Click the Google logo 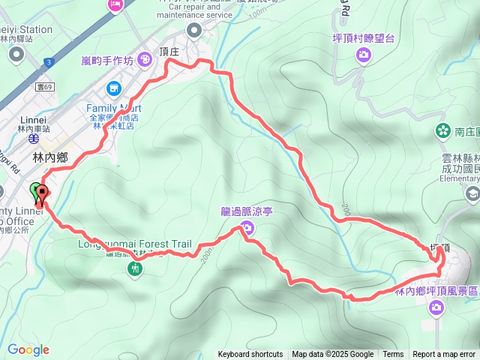28,349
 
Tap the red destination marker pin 42,192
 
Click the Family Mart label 113,108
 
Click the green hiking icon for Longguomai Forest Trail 135,267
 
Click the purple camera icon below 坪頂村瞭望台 364,54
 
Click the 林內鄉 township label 51,158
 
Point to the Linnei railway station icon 32,138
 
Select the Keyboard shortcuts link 250,355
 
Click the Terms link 393,355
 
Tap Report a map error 444,355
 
